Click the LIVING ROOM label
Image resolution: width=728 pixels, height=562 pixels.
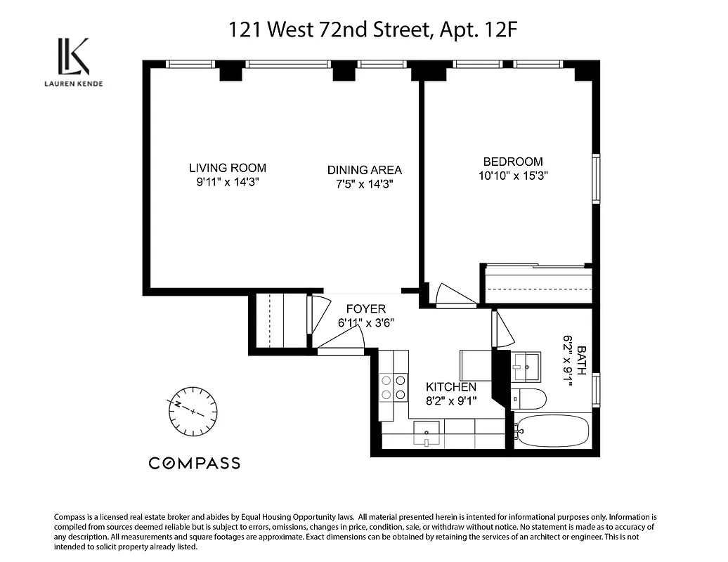coord(228,168)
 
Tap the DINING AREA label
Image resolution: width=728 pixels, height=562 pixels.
coord(364,170)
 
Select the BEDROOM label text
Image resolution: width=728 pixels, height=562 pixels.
coord(512,162)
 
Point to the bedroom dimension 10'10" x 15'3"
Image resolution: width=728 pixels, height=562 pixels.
coord(512,176)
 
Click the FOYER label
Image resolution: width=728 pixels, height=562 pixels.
coord(365,309)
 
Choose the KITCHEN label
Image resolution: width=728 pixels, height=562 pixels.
coord(451,387)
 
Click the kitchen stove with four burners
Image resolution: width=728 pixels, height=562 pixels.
coord(394,387)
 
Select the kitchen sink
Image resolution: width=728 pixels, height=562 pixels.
coord(427,433)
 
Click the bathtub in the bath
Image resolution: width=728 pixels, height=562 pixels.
coord(552,429)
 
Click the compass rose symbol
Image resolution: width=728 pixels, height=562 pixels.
coord(192,410)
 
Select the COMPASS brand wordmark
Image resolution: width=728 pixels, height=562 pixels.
coord(194,463)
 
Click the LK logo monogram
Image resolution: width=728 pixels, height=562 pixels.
coord(73,58)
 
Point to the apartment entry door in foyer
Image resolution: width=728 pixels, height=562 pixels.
coord(341,339)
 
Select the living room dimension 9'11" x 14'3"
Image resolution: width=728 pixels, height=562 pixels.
coord(228,183)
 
